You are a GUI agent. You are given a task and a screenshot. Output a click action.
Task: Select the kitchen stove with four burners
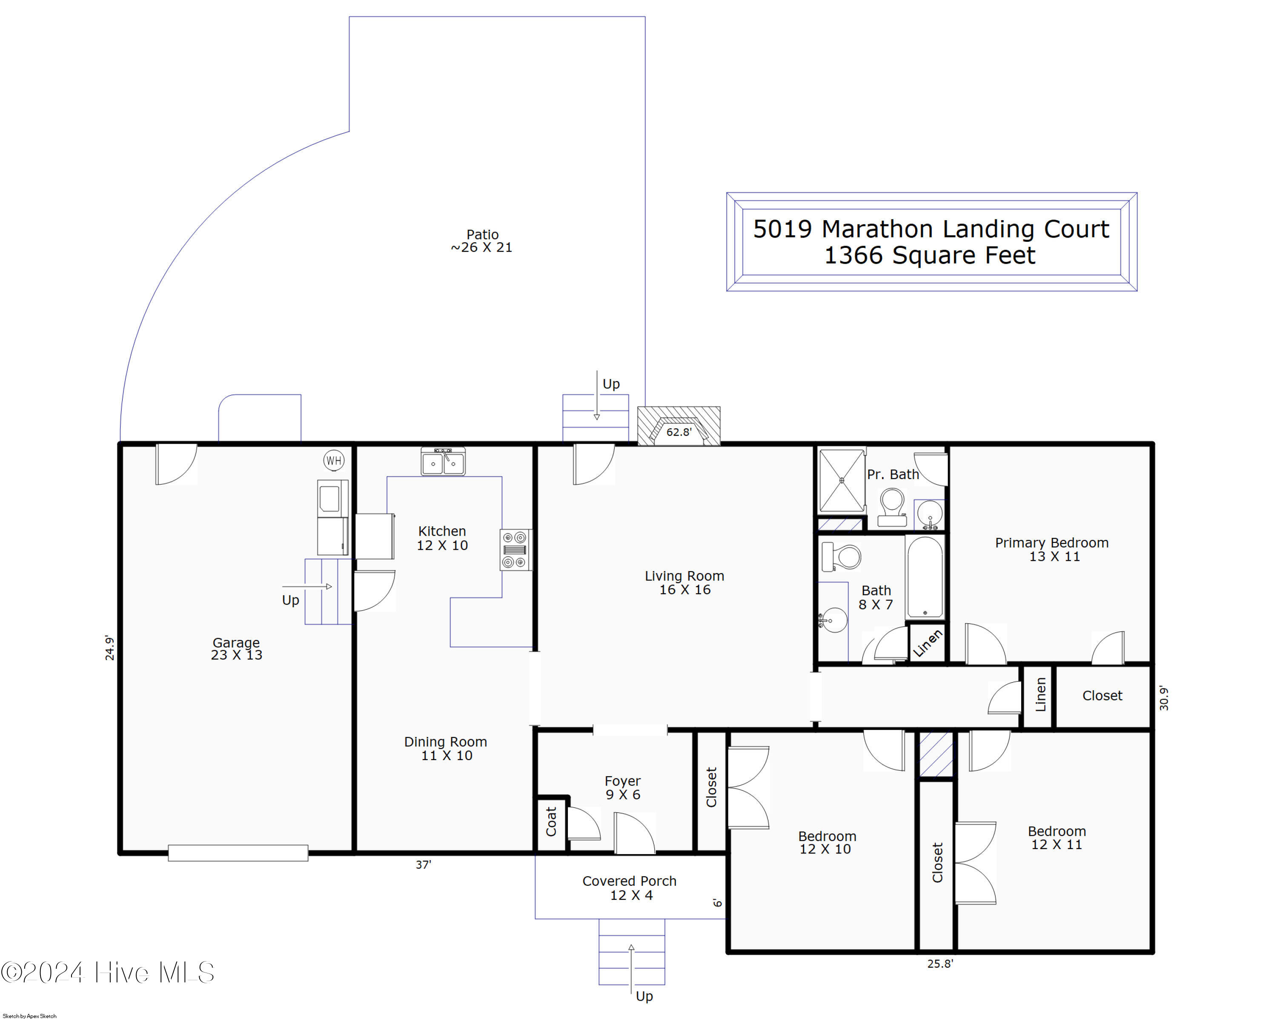pos(515,549)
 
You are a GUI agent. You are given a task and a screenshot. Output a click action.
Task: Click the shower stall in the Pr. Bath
pos(841,480)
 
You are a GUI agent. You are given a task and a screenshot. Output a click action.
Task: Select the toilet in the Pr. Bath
pos(891,507)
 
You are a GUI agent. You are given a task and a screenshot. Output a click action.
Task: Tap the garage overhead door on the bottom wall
pos(238,853)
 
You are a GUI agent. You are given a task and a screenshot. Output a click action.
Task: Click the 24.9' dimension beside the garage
pos(109,648)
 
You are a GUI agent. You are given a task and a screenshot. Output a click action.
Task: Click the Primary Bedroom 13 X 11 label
pos(1051,549)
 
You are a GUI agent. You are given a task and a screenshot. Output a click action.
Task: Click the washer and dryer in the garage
pos(332,517)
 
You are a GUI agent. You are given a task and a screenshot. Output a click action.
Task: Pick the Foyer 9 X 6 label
pos(622,787)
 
